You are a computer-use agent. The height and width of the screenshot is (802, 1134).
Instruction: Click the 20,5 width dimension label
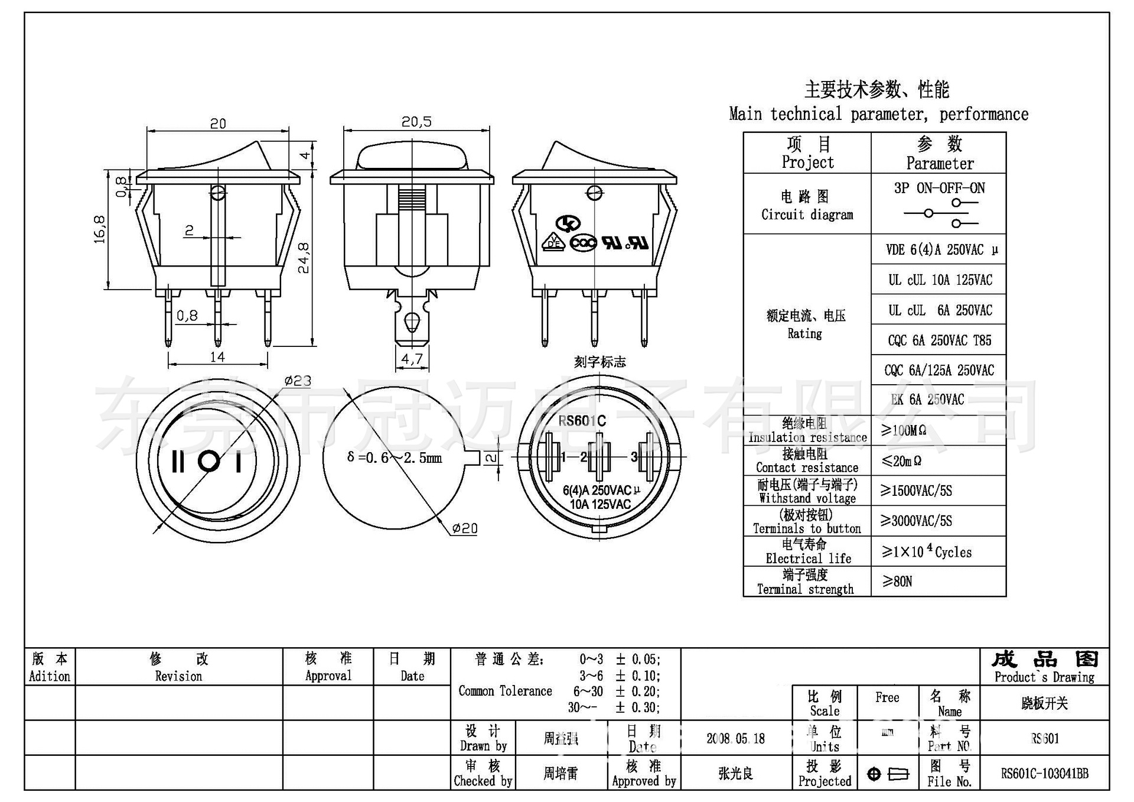(x=416, y=122)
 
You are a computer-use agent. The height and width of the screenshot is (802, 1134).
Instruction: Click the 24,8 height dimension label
(x=304, y=258)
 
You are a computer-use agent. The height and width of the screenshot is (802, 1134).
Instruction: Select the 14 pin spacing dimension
(x=217, y=357)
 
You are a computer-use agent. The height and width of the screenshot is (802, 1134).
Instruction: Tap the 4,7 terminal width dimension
(x=412, y=359)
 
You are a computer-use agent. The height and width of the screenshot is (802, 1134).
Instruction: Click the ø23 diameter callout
(x=298, y=381)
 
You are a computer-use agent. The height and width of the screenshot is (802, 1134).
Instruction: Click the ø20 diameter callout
(x=465, y=528)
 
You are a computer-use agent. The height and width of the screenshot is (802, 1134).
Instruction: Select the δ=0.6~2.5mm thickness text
(x=395, y=458)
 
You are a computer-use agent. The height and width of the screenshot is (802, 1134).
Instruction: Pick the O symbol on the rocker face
(x=208, y=462)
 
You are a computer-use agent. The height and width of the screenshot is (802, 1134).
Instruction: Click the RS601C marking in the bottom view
(x=582, y=421)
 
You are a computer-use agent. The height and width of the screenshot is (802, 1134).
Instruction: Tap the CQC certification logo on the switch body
(x=584, y=243)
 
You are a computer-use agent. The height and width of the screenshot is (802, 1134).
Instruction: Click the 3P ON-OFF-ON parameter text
(x=939, y=189)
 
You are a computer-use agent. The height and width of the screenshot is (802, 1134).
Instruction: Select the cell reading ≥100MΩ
(x=904, y=431)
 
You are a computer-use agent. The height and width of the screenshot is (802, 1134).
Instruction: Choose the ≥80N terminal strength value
(x=897, y=582)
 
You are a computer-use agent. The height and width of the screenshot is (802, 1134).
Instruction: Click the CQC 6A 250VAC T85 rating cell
(x=939, y=340)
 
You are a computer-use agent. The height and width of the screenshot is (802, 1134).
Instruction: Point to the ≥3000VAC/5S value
(x=916, y=521)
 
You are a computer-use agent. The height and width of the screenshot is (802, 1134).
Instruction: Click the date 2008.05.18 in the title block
(x=735, y=739)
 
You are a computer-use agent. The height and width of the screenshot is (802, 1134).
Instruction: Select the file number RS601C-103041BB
(x=1044, y=774)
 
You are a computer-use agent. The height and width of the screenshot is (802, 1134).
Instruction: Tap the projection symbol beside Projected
(x=888, y=774)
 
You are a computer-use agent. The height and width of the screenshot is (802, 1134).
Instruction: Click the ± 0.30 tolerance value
(x=638, y=707)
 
